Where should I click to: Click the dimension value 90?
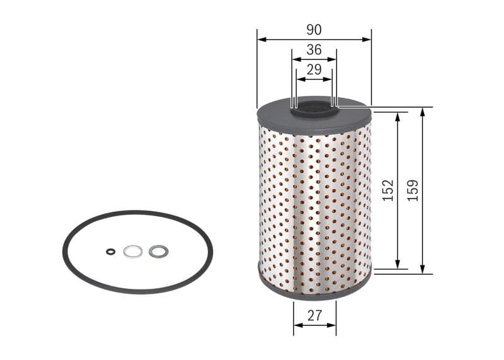pos(314,30)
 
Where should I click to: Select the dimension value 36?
pos(314,49)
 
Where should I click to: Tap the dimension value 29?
pos(314,69)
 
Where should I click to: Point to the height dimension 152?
pos(388,190)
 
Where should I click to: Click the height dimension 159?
pos(413,190)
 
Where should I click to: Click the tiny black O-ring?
pos(111,252)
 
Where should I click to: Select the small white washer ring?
pos(132,252)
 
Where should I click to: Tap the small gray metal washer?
pos(158,252)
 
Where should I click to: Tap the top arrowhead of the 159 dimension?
pos(422,112)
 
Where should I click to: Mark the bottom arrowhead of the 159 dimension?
pos(422,270)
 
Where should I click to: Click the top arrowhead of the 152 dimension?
pos(398,117)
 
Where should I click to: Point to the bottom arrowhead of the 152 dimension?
pos(398,265)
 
